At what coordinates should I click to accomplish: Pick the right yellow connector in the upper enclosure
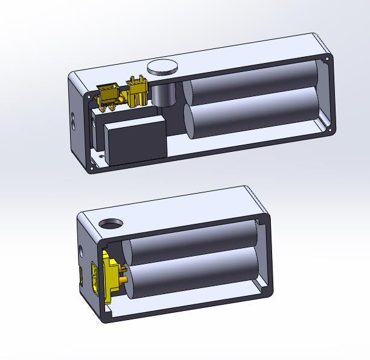coord(137,93)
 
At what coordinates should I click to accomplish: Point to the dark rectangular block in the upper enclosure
coord(135,138)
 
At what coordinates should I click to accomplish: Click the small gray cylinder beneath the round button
coord(163,94)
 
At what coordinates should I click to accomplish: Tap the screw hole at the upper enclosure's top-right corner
coord(328,60)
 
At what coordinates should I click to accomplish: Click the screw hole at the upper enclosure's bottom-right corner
coord(330,129)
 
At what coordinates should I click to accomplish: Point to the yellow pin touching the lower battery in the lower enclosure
coord(123,281)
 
